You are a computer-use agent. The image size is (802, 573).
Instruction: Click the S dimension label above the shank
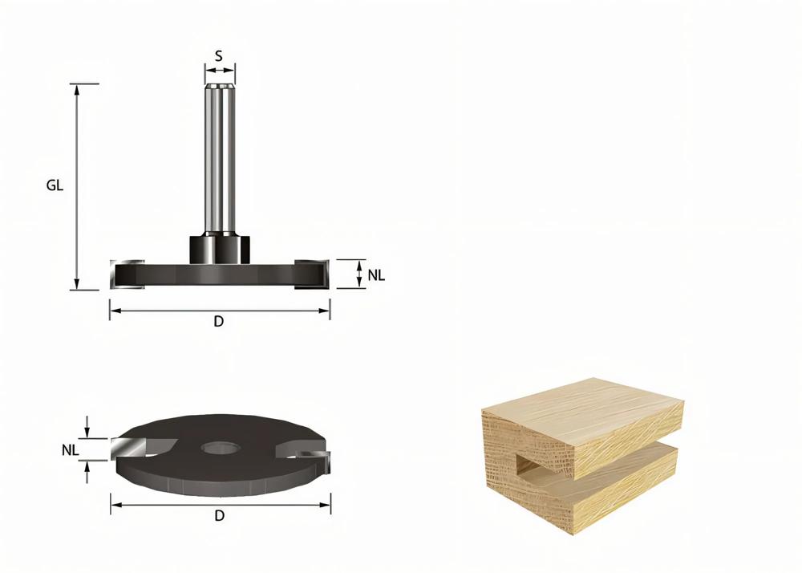click(x=219, y=56)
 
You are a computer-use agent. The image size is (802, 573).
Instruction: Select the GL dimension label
click(x=55, y=185)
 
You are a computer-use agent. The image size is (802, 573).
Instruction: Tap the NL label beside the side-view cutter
click(x=376, y=275)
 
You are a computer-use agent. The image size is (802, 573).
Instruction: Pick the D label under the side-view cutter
click(x=218, y=322)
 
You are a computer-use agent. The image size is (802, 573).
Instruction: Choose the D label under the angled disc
click(x=219, y=516)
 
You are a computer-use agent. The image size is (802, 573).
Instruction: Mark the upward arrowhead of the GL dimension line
click(x=77, y=88)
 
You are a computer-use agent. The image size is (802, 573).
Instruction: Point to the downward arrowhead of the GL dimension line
click(x=77, y=284)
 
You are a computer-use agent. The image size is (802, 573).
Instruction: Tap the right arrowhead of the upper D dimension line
click(x=326, y=310)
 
